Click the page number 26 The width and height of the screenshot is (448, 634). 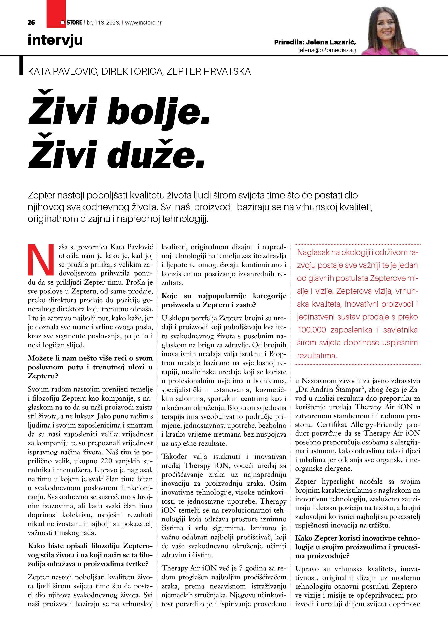pos(31,23)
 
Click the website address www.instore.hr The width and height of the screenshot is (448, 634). pos(143,23)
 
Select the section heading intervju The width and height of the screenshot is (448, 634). pos(55,40)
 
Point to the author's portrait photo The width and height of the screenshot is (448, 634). pos(389,31)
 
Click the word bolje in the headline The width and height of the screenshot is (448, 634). pos(158,112)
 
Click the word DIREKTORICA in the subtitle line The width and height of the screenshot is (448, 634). pos(132,72)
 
